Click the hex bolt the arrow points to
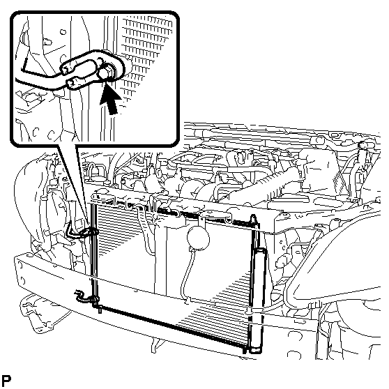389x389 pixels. point(105,73)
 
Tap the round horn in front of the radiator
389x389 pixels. point(198,239)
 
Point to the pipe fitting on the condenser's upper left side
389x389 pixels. point(88,232)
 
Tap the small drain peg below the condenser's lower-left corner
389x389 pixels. point(100,310)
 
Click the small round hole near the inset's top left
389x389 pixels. point(63,32)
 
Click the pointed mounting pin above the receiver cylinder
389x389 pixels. point(253,220)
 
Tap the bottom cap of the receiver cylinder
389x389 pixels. point(256,350)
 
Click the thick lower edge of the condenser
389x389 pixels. point(171,327)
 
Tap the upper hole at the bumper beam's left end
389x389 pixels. point(20,266)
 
